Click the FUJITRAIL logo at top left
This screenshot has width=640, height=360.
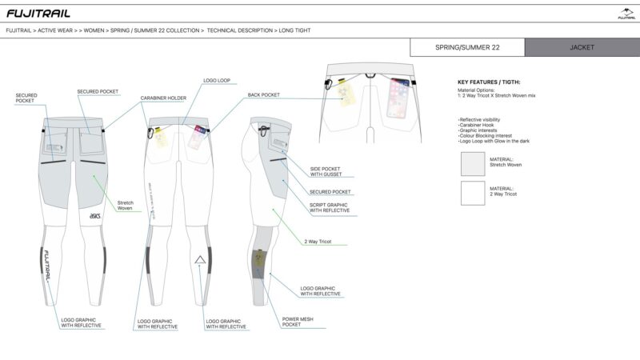click(38, 13)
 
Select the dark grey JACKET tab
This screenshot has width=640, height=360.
click(582, 47)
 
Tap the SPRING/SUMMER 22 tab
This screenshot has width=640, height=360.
click(467, 47)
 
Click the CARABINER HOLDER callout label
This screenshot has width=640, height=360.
click(163, 98)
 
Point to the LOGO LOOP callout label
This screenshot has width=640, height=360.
click(217, 81)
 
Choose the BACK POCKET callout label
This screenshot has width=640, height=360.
click(264, 94)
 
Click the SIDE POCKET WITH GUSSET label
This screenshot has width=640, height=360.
click(326, 171)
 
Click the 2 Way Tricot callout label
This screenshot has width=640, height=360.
click(318, 241)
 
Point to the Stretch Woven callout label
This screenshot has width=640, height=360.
click(126, 205)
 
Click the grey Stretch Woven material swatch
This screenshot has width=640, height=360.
click(473, 163)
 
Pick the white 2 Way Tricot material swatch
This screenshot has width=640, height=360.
click(473, 193)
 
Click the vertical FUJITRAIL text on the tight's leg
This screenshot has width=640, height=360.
click(46, 261)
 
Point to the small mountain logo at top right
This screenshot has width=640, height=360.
click(626, 13)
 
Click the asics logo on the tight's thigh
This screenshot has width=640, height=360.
click(94, 215)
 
